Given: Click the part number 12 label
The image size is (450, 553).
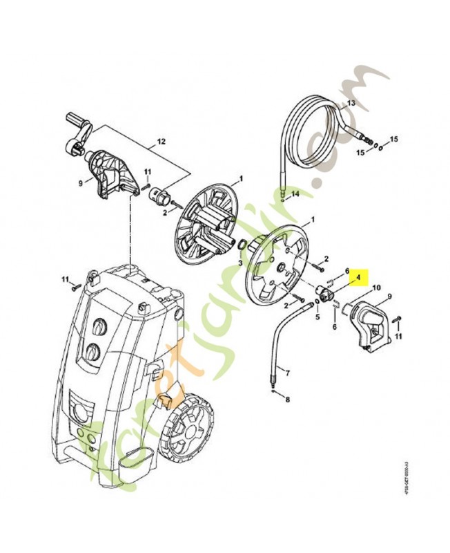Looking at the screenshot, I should pos(162,141).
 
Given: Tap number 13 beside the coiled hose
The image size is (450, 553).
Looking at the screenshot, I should pos(350,103).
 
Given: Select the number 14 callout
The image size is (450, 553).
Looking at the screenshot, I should pos(295,194).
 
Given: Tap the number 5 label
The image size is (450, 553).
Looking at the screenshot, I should pos(317,319).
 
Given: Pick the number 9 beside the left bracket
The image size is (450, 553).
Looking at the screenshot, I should pos(79,183).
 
